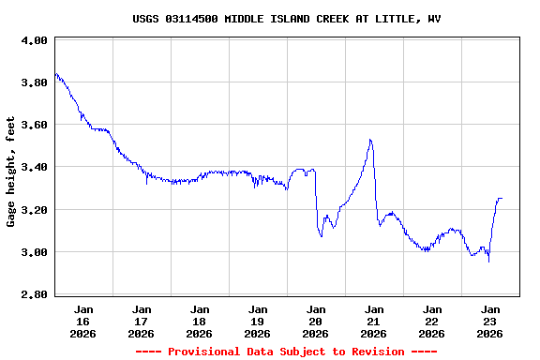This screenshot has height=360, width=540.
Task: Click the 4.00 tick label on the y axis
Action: point(34,40)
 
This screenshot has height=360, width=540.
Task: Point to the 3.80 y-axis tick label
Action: point(34,82)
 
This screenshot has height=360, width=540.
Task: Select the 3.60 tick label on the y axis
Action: point(34,125)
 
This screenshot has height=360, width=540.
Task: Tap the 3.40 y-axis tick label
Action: point(34,167)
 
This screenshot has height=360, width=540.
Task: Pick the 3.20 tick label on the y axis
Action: point(34,210)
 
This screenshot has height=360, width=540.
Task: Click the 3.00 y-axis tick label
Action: point(34,252)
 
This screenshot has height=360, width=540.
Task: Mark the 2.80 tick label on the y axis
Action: point(34,294)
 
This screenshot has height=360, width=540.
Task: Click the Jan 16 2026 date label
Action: point(83,321)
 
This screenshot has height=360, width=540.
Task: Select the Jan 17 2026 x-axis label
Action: point(142,321)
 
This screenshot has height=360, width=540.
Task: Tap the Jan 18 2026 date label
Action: point(200,321)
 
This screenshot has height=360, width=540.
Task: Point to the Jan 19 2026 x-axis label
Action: point(258,321)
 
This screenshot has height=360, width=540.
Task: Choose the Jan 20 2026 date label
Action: point(316,321)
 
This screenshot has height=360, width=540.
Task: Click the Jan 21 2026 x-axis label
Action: point(374,321)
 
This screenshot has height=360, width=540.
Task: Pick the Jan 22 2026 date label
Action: point(432,321)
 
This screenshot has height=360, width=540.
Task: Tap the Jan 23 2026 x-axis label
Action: point(490,321)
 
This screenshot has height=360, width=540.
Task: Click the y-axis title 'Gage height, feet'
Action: point(11,171)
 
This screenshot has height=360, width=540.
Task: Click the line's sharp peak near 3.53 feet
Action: point(371,140)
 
